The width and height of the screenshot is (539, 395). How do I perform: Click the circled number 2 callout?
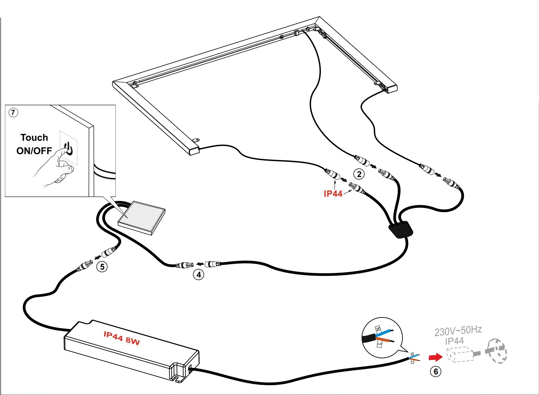[x=359, y=174]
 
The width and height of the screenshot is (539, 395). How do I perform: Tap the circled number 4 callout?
[x=199, y=274]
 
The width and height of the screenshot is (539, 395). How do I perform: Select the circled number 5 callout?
[x=102, y=267]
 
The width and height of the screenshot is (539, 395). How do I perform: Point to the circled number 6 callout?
[x=436, y=371]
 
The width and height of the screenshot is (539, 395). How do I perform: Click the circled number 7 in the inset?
[x=13, y=113]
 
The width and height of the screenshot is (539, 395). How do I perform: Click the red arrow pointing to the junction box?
[x=435, y=356]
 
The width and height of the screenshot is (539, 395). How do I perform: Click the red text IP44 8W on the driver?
[x=122, y=338]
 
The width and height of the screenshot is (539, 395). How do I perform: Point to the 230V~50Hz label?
[x=458, y=331]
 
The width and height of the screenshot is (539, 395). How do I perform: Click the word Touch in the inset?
[x=34, y=137]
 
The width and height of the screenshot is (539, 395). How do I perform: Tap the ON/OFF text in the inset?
[x=34, y=151]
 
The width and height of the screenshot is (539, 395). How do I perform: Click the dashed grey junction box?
[x=460, y=355]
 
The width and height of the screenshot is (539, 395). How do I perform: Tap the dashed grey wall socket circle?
[x=496, y=351]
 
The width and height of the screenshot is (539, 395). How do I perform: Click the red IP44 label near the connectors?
[x=333, y=194]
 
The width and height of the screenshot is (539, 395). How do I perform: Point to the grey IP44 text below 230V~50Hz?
[x=454, y=341]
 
